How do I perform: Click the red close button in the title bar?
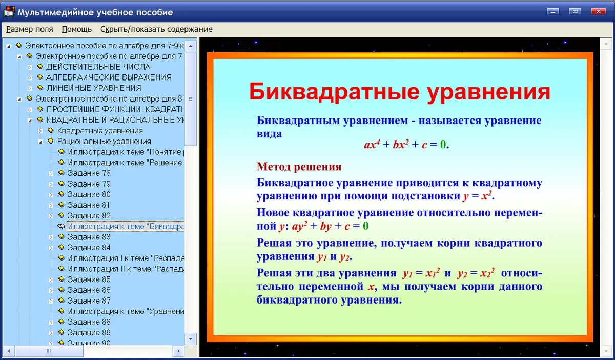click(598, 11)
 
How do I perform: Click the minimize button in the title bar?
click(552, 11)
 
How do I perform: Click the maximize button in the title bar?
click(575, 11)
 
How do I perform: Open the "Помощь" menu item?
click(76, 29)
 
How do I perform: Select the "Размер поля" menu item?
click(30, 29)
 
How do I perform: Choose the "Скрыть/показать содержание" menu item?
click(156, 29)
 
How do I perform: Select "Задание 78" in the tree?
click(89, 173)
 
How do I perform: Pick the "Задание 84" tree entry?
click(89, 248)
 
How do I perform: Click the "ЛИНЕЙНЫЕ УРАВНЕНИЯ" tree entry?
click(94, 88)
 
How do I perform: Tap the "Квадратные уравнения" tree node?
click(100, 131)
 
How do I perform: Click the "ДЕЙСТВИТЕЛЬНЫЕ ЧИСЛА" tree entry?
click(98, 67)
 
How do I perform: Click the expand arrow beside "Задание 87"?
click(51, 301)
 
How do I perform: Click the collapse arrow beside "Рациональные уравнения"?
click(40, 142)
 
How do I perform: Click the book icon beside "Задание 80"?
click(61, 194)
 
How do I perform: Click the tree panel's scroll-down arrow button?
click(191, 339)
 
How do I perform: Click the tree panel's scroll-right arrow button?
click(178, 351)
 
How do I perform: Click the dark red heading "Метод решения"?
click(299, 167)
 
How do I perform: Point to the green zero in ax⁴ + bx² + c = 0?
click(443, 144)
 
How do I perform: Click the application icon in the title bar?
click(9, 12)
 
